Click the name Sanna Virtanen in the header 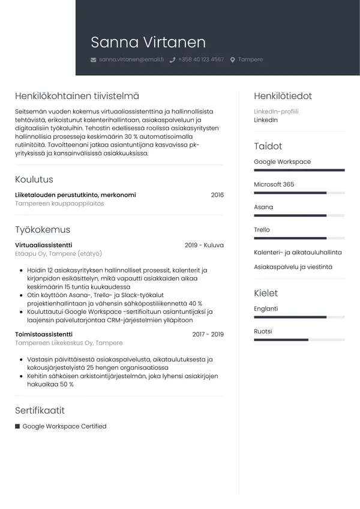click(x=148, y=42)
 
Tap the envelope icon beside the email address click(x=93, y=60)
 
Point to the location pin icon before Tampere click(x=233, y=60)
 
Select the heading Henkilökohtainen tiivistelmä click(x=77, y=96)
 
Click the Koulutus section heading click(x=34, y=179)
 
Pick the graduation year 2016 click(x=217, y=195)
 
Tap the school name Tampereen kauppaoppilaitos click(x=59, y=204)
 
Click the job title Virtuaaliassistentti click(x=43, y=245)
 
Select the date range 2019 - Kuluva click(x=204, y=245)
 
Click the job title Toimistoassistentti click(x=44, y=334)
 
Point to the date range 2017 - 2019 click(x=208, y=334)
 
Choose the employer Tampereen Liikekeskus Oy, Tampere click(x=68, y=343)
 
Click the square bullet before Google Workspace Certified click(x=17, y=427)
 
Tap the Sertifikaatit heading click(x=40, y=411)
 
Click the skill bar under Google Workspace click(x=299, y=170)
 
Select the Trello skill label click(x=262, y=230)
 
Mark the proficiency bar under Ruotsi click(x=299, y=340)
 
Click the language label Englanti click(x=266, y=309)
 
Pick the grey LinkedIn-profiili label click(x=276, y=112)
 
